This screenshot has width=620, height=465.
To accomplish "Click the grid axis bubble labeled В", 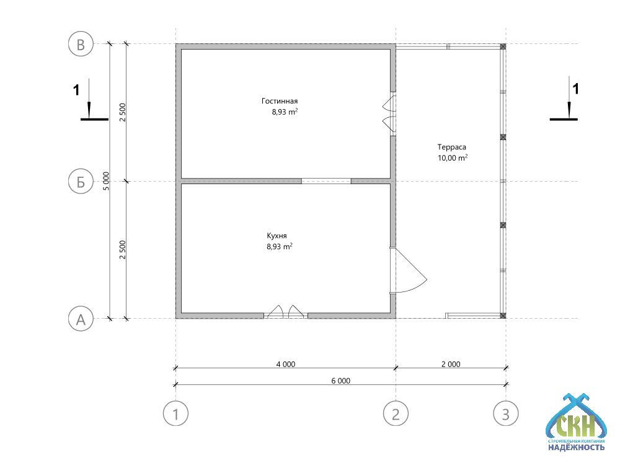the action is tap(81, 44).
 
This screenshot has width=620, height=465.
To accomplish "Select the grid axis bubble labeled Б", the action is tap(81, 182).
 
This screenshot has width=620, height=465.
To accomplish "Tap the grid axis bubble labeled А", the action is tap(81, 318).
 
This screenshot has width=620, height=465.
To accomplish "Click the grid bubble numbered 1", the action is tap(175, 414).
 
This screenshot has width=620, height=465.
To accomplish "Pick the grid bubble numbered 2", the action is tap(396, 414).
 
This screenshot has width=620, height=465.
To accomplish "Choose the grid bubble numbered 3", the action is tap(506, 414).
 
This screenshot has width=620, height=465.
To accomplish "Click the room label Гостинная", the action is tap(280, 101).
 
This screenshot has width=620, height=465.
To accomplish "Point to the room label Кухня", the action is tap(277, 236).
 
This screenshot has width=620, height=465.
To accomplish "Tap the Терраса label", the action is tap(451, 147).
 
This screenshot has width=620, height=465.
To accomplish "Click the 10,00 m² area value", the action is tap(453, 157).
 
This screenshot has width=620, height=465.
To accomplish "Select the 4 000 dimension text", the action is tap(285, 364).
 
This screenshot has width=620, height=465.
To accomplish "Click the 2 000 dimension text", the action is tap(451, 364).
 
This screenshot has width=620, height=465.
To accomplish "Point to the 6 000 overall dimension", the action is tap(341, 381).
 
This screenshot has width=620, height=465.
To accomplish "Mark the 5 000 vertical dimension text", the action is tap(106, 181).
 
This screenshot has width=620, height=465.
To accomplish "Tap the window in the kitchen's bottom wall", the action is tap(285, 312).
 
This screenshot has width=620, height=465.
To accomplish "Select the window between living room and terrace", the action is tap(390, 114).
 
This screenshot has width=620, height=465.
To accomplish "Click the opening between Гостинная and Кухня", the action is tap(326, 181).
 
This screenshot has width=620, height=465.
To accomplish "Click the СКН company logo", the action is tap(577, 422).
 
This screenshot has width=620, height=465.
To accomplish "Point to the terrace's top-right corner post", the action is tap(503, 46).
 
